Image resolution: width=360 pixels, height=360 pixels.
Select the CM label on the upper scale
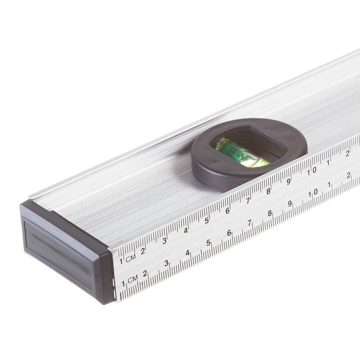tap(131, 258)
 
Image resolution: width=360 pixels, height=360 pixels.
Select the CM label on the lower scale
tap(133, 279)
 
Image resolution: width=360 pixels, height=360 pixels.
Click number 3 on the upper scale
tap(165, 241)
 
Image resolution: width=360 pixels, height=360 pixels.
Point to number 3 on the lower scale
tap(167, 263)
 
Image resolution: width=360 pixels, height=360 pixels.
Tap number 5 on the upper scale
tap(207, 221)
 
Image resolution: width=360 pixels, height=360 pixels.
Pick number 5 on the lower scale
tap(208, 243)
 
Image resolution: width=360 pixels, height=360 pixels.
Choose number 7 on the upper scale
tap(248, 201)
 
